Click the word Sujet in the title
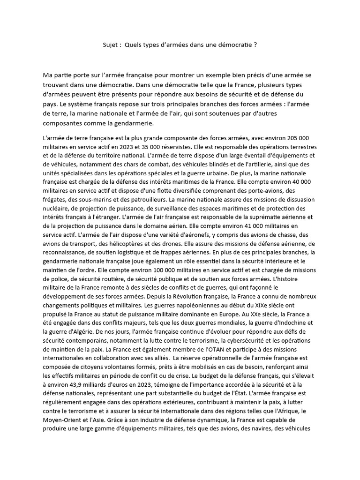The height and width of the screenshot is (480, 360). pos(111,45)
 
